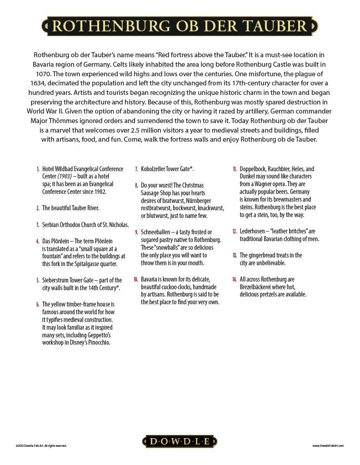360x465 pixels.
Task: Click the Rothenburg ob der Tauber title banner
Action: (180, 26)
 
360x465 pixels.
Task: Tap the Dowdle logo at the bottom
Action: (180, 441)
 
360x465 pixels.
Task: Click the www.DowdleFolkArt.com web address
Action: (328, 446)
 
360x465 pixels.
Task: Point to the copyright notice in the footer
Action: (41, 446)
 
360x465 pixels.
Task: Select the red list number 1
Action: (38, 169)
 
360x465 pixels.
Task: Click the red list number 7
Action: (136, 169)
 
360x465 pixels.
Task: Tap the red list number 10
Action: (136, 279)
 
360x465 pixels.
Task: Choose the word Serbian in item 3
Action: (52, 224)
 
